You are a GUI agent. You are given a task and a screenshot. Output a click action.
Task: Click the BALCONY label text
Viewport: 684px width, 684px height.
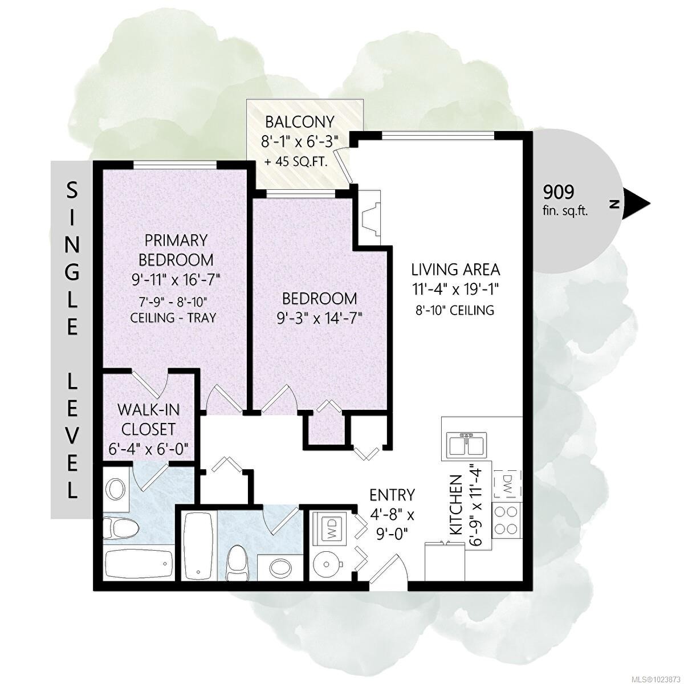click(299, 122)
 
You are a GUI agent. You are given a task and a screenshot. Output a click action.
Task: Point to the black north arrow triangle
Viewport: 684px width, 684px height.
click(637, 203)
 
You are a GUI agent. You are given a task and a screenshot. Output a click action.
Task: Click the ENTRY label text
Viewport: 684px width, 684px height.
click(392, 494)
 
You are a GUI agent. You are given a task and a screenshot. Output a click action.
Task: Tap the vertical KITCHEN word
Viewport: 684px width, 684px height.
click(455, 505)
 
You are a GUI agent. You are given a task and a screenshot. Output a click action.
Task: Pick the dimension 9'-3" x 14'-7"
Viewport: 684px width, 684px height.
click(320, 317)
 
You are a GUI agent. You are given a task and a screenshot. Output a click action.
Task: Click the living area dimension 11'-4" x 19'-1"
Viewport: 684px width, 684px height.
click(455, 289)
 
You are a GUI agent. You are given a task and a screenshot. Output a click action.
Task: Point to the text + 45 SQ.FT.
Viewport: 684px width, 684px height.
click(296, 162)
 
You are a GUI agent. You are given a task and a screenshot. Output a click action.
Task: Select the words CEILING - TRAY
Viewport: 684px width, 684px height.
click(176, 317)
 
